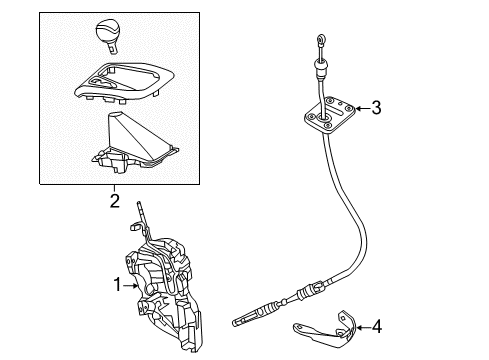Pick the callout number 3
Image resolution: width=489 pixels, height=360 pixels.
pos(376,108)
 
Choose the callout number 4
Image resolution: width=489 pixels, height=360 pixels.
pos(377,325)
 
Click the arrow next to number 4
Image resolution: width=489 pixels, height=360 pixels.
pos(361,325)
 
